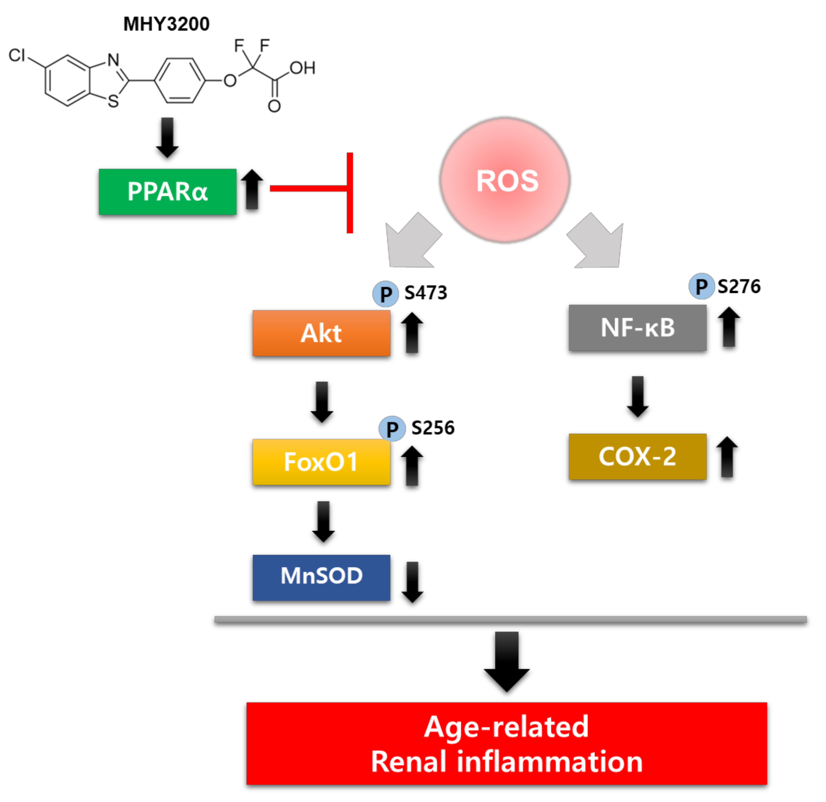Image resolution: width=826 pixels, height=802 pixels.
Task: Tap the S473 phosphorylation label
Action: point(426,293)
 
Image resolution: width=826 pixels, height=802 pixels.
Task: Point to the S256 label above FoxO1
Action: point(433,428)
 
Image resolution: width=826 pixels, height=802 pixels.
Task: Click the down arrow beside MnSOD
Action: point(412,582)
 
